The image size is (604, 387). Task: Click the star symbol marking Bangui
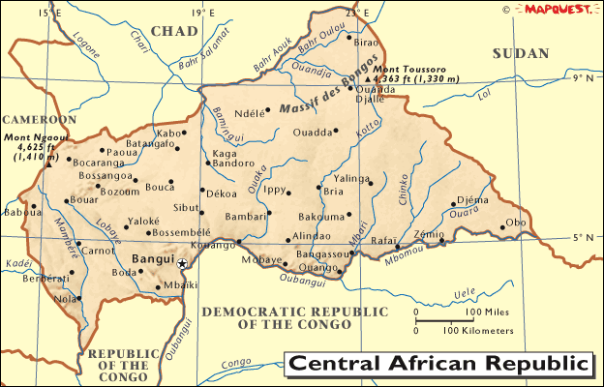coord(181,262)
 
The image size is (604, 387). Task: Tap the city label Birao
coord(367,43)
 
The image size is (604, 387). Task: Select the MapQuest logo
coord(559,9)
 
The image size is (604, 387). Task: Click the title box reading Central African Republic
coord(438,365)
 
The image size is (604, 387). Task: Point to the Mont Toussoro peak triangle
coord(368,78)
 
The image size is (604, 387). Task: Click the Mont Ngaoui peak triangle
coord(46,164)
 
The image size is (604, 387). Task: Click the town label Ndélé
coord(250,112)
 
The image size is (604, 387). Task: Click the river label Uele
coord(468,290)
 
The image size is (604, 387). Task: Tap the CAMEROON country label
coord(38,119)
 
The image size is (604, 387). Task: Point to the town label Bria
coord(334,192)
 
